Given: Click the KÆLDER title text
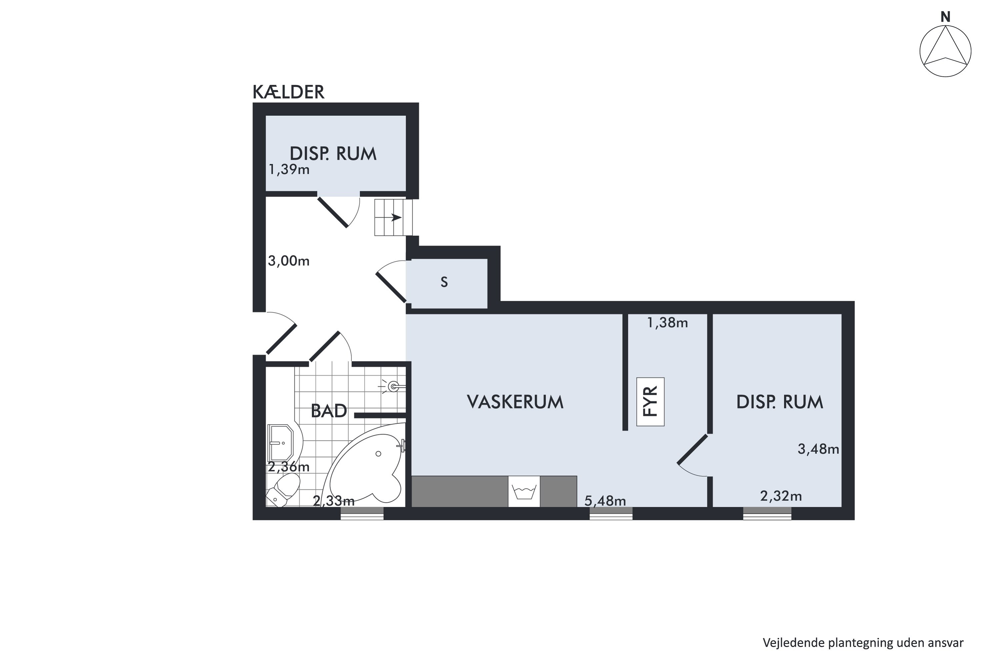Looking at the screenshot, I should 288,92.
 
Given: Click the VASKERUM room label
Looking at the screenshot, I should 515,402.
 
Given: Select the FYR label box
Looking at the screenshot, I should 650,402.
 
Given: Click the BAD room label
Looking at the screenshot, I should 329,411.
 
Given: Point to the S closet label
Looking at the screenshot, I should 444,282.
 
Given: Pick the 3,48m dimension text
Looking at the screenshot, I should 818,449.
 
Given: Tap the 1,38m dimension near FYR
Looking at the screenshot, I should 667,323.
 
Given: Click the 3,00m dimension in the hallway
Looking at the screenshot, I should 288,261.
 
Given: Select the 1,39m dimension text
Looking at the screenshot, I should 289,170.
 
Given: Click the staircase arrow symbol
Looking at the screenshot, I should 393,218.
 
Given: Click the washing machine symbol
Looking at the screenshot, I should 524,492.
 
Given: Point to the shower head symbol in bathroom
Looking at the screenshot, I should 393,387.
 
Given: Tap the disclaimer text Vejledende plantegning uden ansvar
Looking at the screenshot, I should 863,643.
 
